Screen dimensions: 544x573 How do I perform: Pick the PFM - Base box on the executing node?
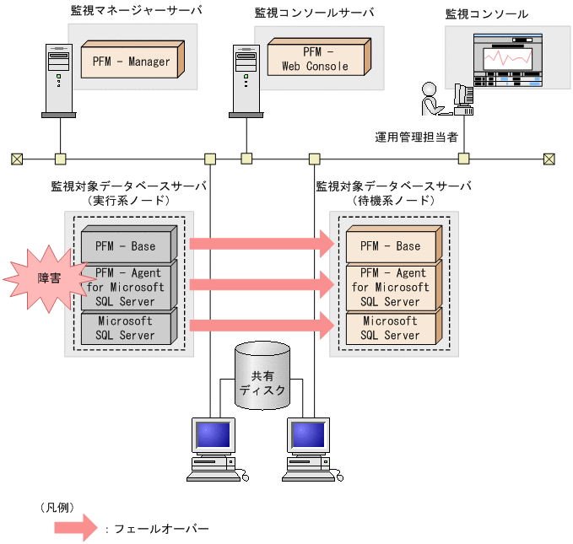click(126, 245)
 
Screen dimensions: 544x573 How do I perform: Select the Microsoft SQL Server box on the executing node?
click(126, 328)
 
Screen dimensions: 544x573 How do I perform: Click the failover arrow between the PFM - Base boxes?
click(262, 245)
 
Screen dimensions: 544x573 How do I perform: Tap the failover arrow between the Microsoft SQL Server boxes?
click(262, 326)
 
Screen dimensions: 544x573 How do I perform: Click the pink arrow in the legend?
click(75, 528)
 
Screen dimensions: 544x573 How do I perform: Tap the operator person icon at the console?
click(430, 100)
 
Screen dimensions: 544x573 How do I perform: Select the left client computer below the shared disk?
click(214, 448)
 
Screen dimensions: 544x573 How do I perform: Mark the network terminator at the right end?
click(549, 158)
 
